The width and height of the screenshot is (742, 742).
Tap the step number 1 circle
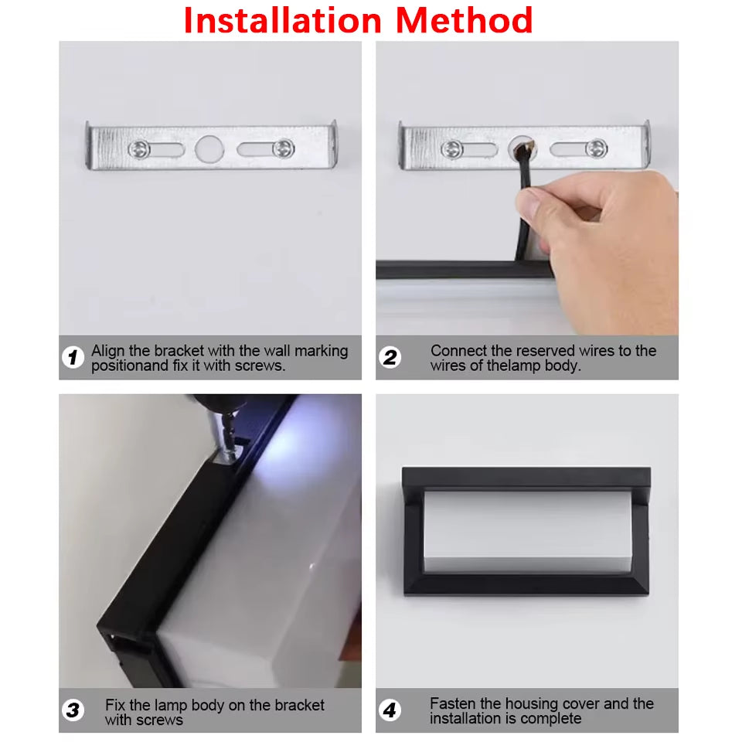(73, 357)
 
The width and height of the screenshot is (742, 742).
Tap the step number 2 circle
(390, 357)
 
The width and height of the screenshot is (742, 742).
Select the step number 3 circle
(73, 710)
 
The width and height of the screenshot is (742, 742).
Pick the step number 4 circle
(390, 710)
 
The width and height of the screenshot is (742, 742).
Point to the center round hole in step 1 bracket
(208, 148)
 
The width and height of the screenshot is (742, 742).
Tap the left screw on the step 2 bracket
(452, 148)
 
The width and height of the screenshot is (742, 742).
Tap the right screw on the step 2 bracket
(596, 148)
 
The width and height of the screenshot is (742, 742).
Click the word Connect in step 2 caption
(458, 351)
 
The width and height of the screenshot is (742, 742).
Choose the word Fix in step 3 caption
(116, 705)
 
